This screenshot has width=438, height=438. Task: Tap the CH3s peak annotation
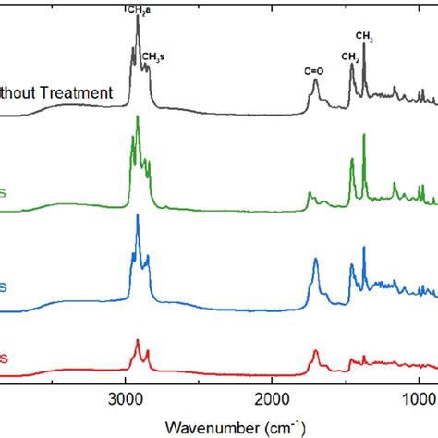[153, 55]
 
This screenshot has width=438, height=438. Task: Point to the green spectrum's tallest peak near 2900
[138, 117]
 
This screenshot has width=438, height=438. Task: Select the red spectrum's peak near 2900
[138, 340]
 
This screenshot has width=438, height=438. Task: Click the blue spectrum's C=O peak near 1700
[316, 260]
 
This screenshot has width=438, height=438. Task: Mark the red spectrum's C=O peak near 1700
[316, 351]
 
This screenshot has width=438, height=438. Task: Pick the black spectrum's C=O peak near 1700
[316, 80]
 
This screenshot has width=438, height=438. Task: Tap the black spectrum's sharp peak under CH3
[364, 43]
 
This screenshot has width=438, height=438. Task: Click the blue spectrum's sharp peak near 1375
[364, 248]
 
